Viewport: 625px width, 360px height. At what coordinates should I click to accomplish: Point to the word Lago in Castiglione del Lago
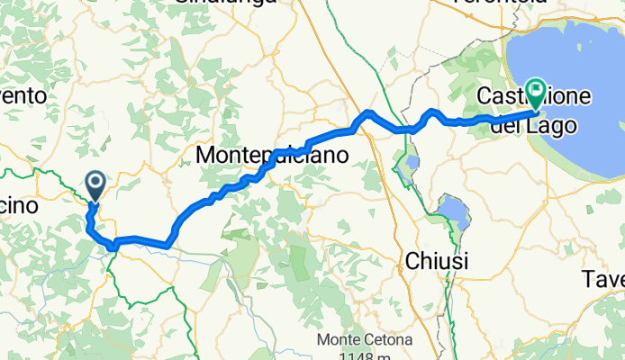(x=548, y=127)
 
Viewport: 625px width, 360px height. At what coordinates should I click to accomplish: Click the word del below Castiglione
(x=504, y=127)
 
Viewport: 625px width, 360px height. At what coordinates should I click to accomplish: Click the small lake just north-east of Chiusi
(x=453, y=214)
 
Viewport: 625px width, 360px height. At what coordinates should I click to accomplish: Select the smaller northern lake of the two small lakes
(x=410, y=166)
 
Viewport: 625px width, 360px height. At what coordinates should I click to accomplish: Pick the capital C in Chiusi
(x=411, y=261)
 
